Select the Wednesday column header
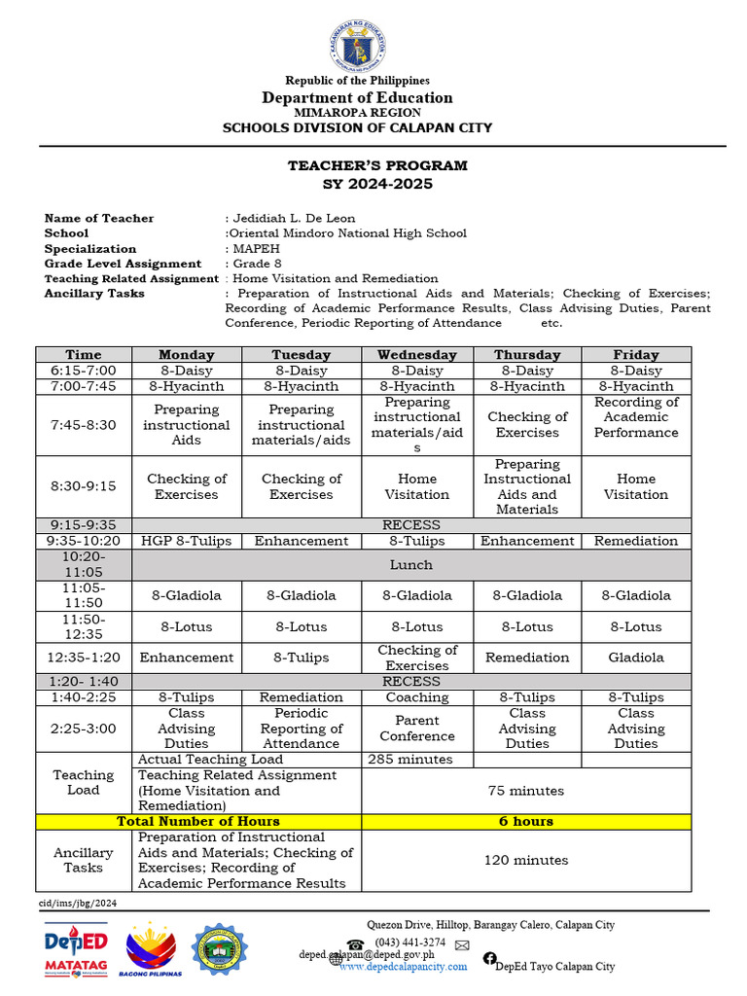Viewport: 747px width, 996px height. [417, 355]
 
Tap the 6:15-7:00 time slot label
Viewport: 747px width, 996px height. [83, 371]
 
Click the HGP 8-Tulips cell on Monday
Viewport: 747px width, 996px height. [186, 541]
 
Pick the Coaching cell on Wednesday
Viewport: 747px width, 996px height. [417, 697]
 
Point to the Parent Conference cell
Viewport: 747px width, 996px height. [417, 729]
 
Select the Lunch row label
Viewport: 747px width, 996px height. [411, 564]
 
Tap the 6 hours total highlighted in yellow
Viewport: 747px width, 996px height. [526, 821]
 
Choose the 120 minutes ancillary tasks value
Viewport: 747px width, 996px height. [526, 860]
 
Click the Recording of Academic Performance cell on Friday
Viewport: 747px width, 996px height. [636, 417]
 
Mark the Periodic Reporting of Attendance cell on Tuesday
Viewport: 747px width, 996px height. [302, 729]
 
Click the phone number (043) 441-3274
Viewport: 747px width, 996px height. [410, 942]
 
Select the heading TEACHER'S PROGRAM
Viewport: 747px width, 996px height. [377, 166]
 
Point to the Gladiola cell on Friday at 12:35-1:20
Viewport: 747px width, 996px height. [636, 658]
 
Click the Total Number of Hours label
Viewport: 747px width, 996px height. [198, 821]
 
